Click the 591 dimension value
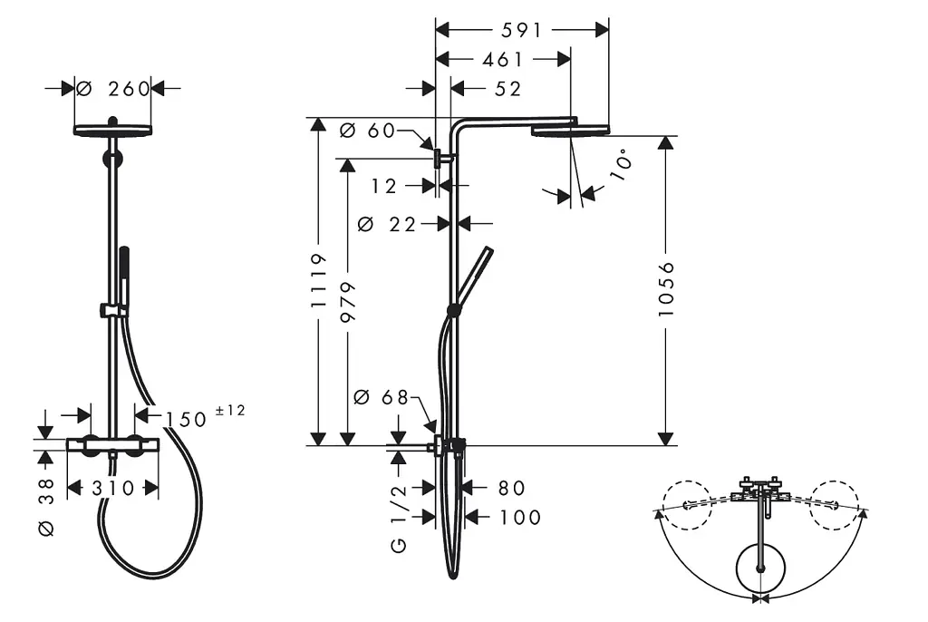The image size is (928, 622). click(521, 30)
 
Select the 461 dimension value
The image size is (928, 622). click(503, 59)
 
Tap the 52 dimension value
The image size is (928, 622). click(507, 89)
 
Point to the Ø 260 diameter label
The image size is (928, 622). click(113, 89)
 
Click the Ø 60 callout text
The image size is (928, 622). click(368, 131)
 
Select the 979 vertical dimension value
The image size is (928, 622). click(349, 302)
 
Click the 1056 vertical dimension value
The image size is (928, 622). click(666, 289)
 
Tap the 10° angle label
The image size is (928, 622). click(621, 168)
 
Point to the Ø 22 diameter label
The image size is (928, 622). click(388, 225)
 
